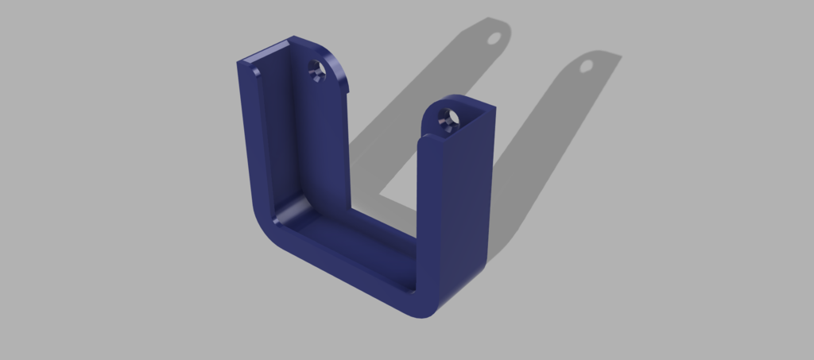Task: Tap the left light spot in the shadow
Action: [494, 37]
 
